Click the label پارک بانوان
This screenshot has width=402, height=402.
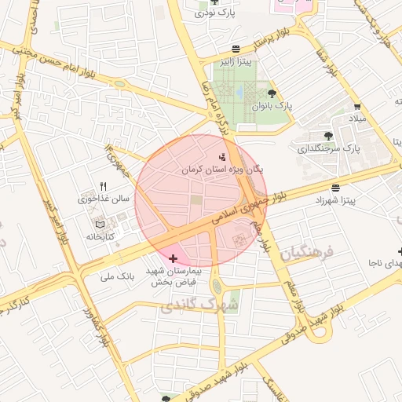pos(272,104)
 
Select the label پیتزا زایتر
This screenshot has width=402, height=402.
pos(235,63)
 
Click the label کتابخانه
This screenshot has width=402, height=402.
pos(100,236)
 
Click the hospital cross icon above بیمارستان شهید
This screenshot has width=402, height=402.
pos(173,258)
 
